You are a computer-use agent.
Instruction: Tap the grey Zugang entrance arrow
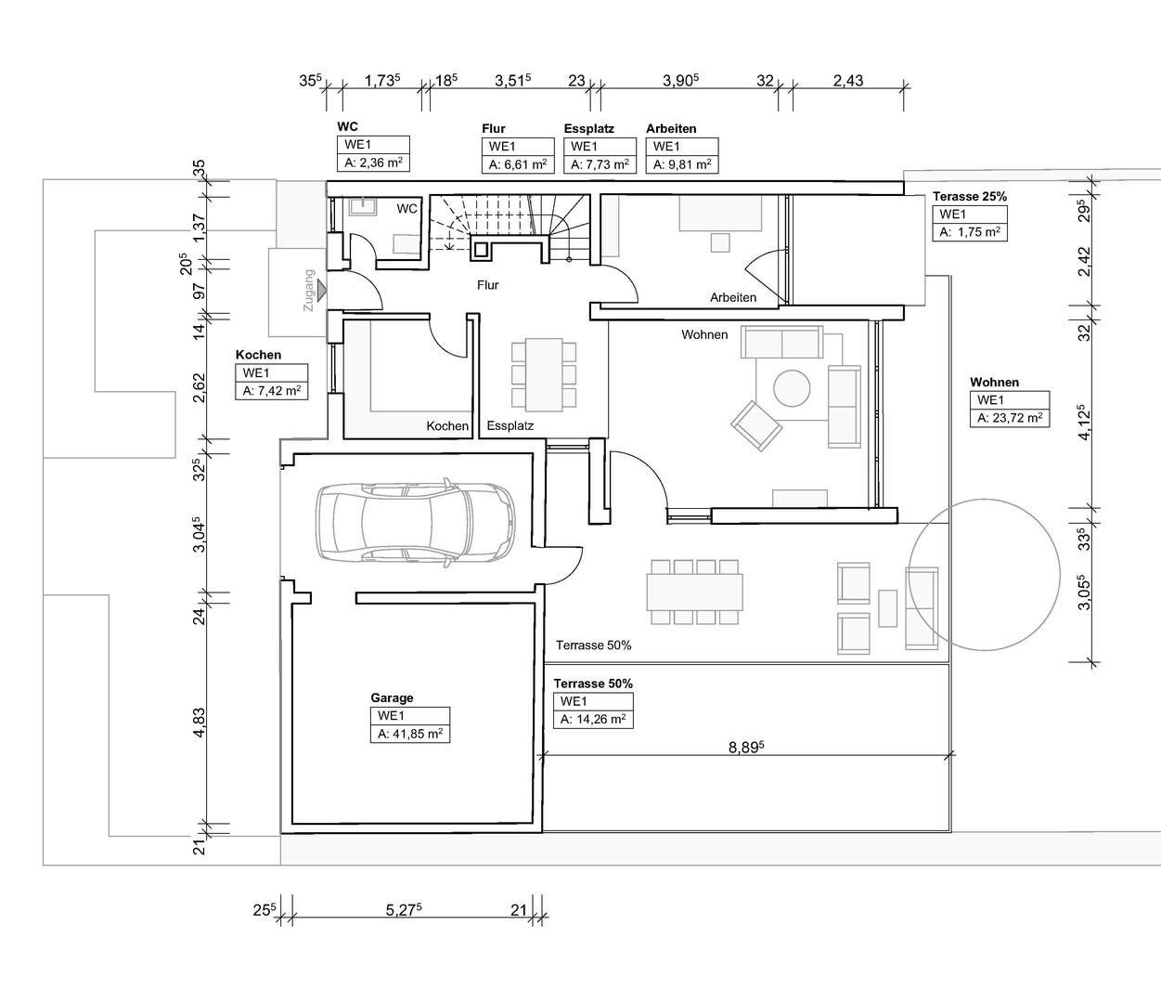click(x=321, y=290)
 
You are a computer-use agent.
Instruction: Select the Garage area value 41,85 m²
click(x=410, y=734)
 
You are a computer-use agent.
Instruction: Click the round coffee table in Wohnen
click(x=792, y=387)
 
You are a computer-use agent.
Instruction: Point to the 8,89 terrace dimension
click(x=746, y=748)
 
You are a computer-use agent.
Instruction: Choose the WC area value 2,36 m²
click(x=373, y=163)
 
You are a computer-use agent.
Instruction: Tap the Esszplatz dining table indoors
click(x=544, y=375)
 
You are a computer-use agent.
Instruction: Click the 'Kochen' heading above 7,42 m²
click(x=258, y=355)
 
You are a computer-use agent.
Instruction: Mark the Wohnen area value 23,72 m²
click(x=1010, y=418)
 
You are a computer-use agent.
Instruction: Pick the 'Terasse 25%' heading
click(x=970, y=197)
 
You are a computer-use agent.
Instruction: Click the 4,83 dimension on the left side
click(x=200, y=723)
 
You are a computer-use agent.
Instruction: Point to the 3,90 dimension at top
click(x=681, y=81)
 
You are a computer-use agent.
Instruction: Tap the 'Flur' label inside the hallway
click(x=487, y=285)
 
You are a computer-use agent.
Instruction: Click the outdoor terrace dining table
click(x=695, y=592)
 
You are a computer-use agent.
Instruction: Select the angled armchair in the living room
click(x=756, y=425)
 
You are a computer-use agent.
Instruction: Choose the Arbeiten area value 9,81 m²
click(x=682, y=164)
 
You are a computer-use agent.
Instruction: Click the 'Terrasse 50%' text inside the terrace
click(x=594, y=645)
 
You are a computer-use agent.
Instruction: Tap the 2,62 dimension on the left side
click(x=200, y=387)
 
